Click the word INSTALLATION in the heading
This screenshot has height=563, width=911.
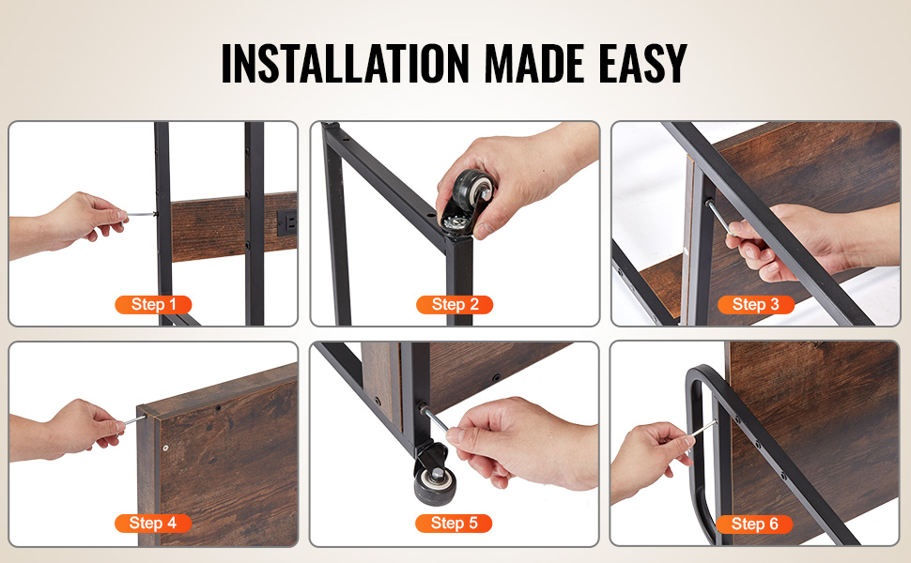pos(345,63)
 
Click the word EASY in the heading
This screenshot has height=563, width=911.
pos(642,63)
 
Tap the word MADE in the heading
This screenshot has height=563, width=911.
pos(534,63)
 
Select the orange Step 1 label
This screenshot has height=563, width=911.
pos(153,305)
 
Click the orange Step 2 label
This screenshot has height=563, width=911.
pos(455,305)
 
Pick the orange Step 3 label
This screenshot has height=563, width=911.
pos(755,305)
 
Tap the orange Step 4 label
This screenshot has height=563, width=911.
pos(153,524)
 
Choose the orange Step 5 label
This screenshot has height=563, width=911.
pos(454,524)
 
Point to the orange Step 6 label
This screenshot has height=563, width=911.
pos(754,525)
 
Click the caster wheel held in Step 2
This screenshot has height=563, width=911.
pos(469,200)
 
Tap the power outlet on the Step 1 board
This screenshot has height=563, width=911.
pos(287,222)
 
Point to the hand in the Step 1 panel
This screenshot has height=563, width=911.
pos(69,223)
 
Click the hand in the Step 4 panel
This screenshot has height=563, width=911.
pos(69,430)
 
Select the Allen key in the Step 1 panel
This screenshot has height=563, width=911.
pos(141,215)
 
